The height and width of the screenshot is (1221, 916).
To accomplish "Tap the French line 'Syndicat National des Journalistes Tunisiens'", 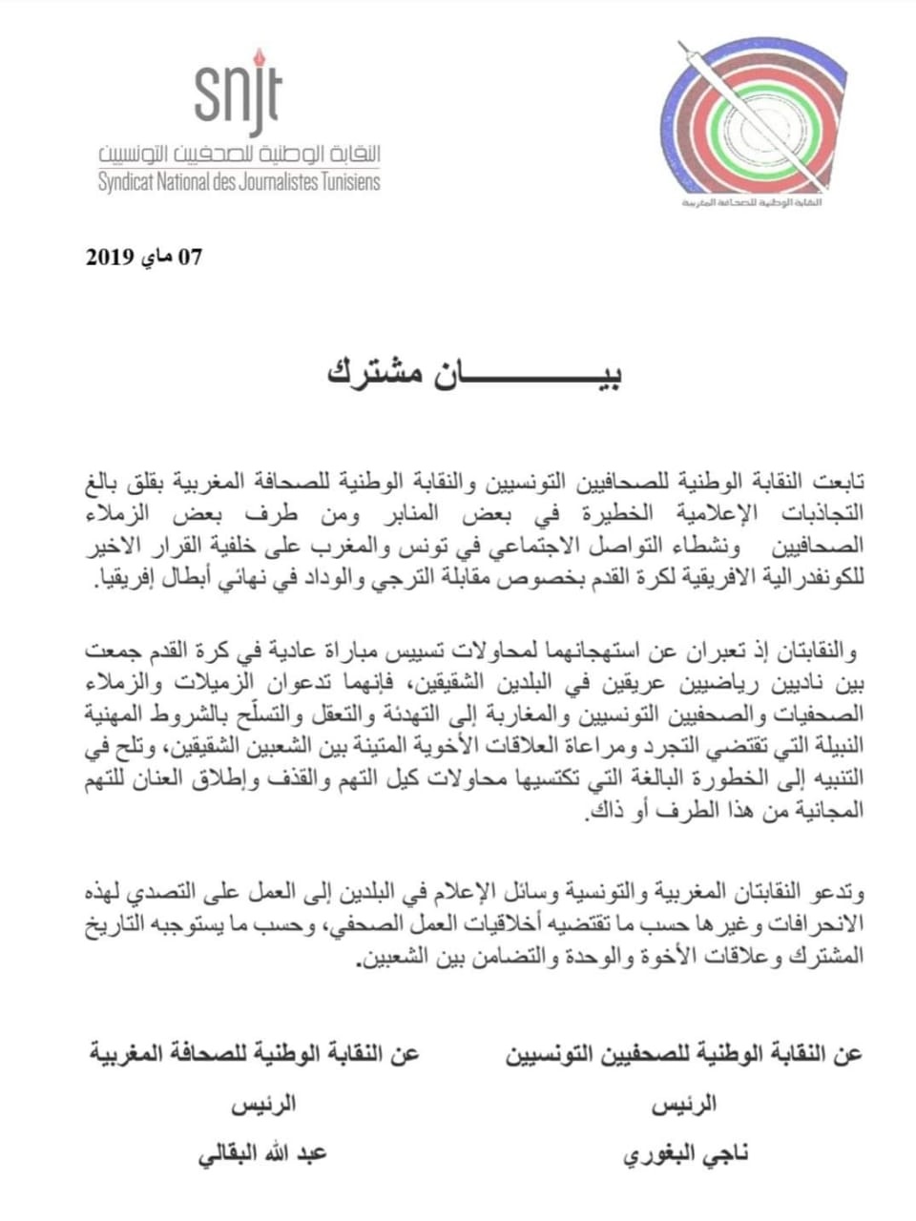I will tap(239, 181).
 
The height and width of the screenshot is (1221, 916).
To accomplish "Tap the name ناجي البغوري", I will tap(686, 1153).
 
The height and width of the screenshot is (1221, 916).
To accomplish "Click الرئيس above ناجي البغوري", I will tap(685, 1105).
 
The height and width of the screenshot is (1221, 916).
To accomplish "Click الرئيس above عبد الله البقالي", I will tap(263, 1105).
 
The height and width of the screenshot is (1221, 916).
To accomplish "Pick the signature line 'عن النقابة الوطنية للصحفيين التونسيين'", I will tap(684, 1054).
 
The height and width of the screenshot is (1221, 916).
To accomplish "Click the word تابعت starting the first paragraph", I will tap(838, 478).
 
